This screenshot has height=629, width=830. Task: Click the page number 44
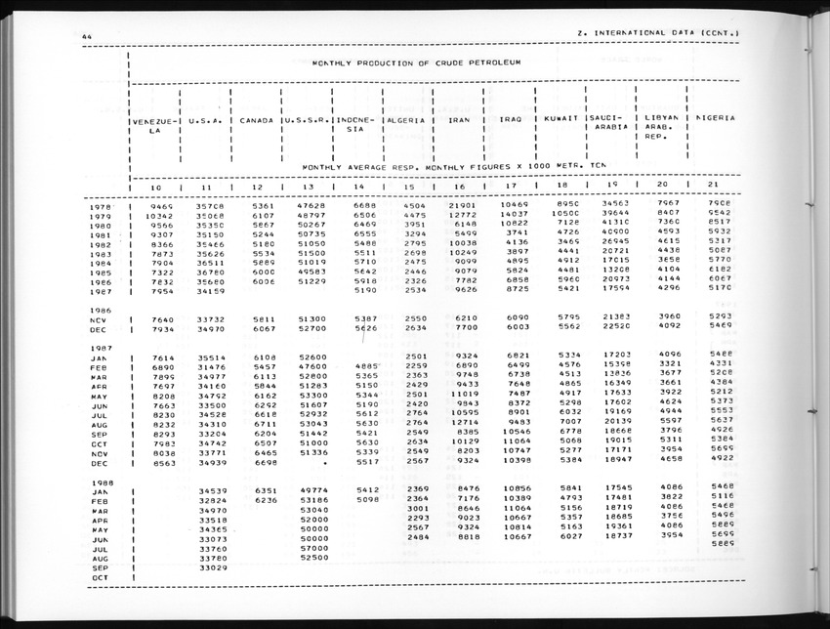(x=87, y=37)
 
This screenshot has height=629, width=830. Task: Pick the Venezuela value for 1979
(x=160, y=215)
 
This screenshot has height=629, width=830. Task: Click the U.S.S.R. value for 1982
(x=311, y=243)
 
